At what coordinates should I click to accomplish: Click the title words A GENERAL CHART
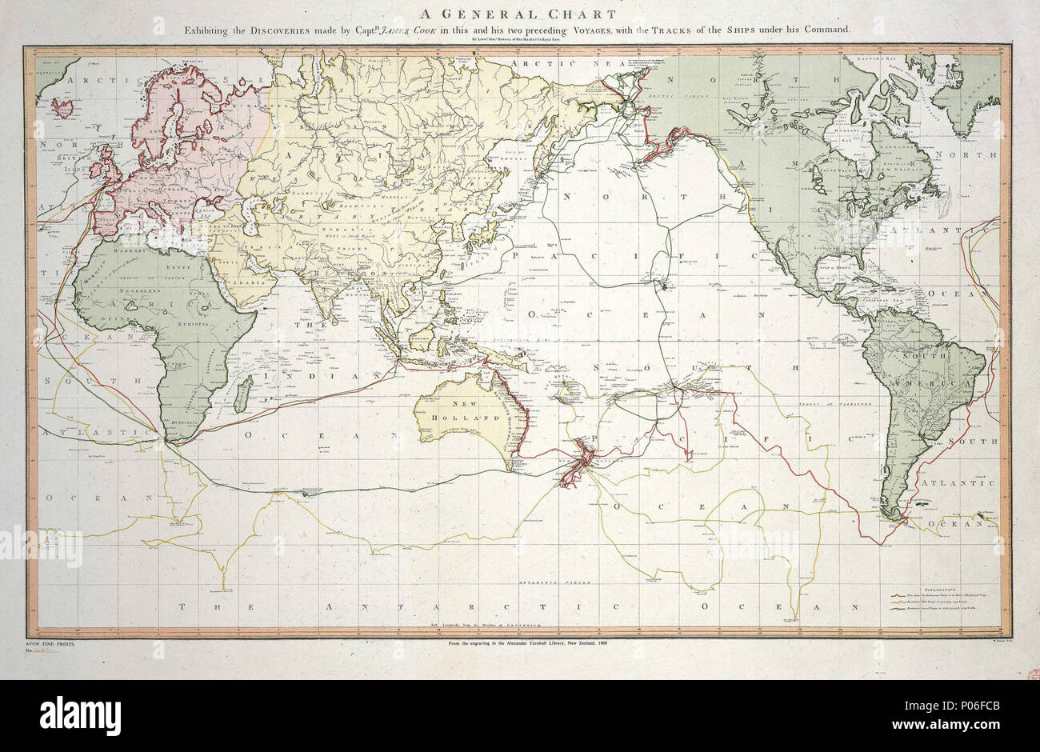520,14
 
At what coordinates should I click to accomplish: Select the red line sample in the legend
896,595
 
